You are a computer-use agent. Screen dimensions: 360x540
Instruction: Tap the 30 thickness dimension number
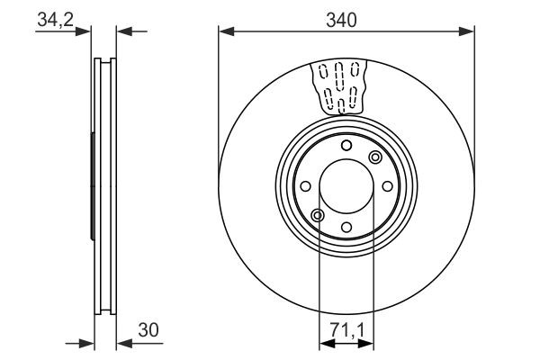(x=149, y=330)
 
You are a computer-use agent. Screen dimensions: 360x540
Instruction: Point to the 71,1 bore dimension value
(x=347, y=330)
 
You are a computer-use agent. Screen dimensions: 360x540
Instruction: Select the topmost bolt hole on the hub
(x=346, y=147)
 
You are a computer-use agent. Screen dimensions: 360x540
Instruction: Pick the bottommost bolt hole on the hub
(x=346, y=226)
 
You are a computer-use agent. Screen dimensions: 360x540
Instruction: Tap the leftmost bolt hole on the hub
(x=307, y=186)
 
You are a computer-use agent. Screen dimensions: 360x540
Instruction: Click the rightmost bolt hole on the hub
(x=386, y=186)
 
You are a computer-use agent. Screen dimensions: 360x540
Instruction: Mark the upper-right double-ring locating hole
(x=375, y=158)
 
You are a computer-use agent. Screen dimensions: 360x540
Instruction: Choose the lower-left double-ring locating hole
(x=318, y=214)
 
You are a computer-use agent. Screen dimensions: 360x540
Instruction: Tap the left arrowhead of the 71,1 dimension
(x=325, y=343)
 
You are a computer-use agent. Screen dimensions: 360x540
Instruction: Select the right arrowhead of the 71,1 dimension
(x=369, y=343)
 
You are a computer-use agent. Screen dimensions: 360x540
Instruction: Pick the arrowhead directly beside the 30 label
(x=123, y=343)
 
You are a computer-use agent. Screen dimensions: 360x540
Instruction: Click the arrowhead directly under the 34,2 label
(x=87, y=31)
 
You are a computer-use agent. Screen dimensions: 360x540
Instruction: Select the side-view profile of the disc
(x=104, y=186)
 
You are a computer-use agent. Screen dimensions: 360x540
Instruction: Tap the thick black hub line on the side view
(x=93, y=186)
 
